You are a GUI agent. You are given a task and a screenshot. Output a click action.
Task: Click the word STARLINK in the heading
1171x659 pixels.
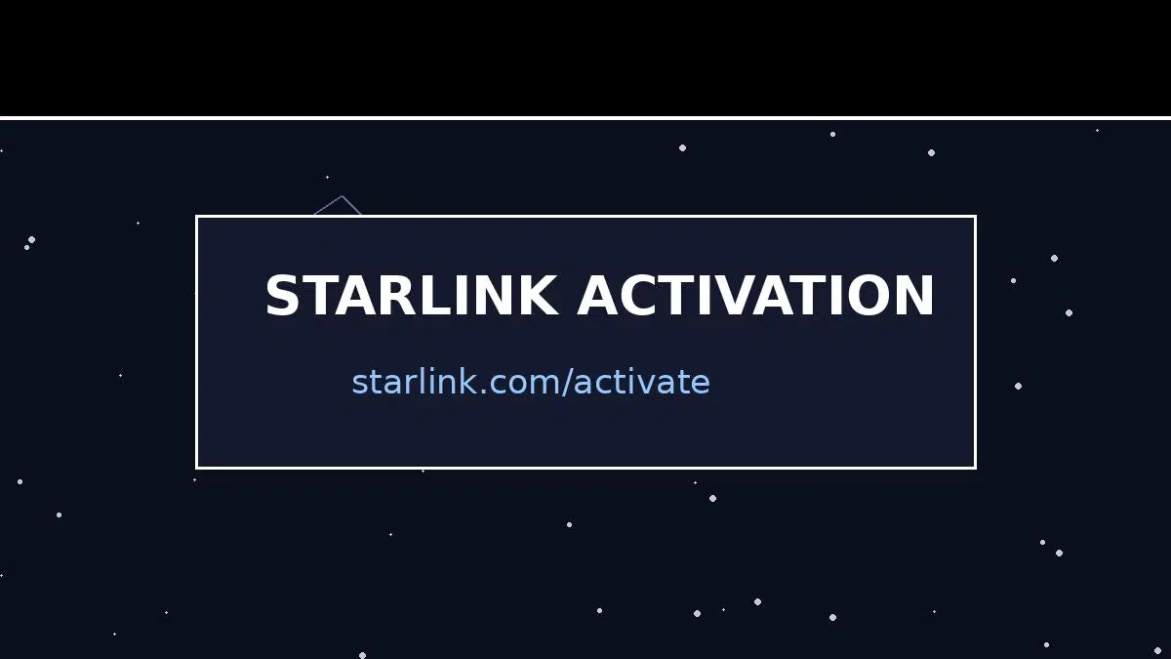point(412,296)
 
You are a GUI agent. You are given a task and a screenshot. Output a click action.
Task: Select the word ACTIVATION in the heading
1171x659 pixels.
point(755,296)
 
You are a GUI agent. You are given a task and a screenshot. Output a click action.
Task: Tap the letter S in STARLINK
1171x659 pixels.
point(282,296)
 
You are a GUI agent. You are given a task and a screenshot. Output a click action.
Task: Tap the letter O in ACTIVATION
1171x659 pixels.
point(867,296)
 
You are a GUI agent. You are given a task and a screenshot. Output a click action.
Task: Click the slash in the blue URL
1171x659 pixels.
point(567,382)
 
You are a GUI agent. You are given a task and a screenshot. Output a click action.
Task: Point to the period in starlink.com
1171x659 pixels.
point(484,391)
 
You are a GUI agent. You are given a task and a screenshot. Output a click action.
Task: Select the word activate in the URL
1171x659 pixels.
point(642,382)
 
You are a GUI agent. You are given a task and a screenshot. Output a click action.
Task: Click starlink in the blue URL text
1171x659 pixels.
point(415,382)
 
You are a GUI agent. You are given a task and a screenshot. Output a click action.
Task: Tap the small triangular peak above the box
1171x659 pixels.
point(342,197)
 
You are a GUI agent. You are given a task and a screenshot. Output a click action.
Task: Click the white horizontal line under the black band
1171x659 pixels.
point(585,118)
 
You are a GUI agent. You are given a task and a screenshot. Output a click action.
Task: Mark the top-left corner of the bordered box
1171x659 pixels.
point(196,217)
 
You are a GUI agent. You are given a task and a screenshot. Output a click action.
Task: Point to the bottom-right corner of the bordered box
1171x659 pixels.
point(975,468)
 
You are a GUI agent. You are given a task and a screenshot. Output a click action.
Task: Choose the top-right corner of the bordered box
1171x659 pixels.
point(975,217)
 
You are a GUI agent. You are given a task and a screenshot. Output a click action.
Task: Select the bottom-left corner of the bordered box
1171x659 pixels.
point(196,468)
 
